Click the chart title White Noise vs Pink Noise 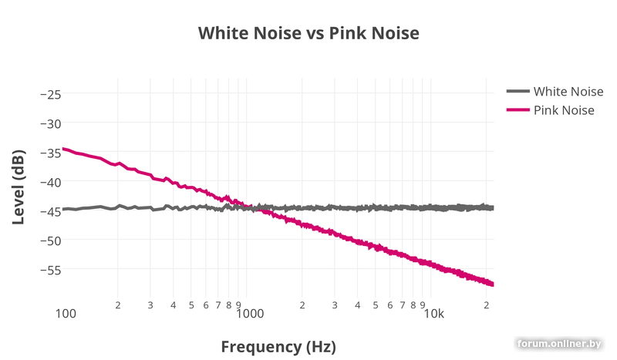coord(308,33)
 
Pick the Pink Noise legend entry coord(563,110)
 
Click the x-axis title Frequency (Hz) coord(278,345)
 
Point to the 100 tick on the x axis coord(66,314)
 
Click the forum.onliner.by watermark coord(559,343)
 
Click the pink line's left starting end coord(63,149)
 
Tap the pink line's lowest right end coord(492,284)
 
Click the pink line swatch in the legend coord(518,110)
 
